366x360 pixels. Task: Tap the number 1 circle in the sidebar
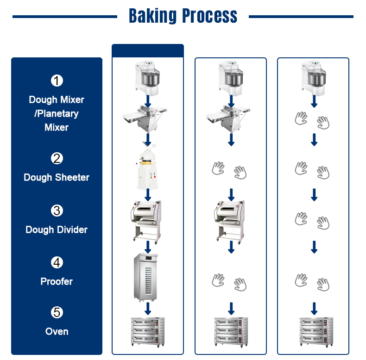coord(57,81)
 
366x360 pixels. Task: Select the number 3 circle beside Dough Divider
coord(57,211)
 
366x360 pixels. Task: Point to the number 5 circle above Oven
coord(57,312)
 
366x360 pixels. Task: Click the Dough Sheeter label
coord(57,177)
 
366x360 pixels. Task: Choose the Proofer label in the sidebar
coord(57,281)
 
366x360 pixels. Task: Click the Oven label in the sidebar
coord(57,331)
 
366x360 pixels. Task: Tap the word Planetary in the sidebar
coord(57,113)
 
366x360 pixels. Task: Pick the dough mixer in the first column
coord(147,77)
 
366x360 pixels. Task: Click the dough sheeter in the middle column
coord(231,118)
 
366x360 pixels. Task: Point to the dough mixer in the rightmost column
coord(314,77)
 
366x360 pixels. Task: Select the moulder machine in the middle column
coord(231,220)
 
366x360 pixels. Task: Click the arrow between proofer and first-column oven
coord(148,308)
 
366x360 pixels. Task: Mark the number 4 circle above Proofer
coord(57,262)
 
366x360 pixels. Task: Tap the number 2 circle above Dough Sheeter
coord(57,158)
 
